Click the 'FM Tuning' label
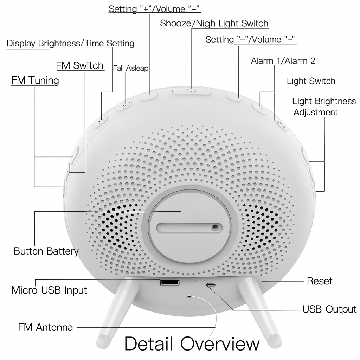35,81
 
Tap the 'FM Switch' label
80,65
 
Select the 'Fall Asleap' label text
130,68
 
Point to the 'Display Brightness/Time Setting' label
70,43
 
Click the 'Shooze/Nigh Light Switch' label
214,24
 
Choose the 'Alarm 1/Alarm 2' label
283,61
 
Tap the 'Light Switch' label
311,81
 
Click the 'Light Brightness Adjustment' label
324,107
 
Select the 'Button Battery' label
46,251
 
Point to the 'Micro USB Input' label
49,290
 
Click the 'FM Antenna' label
45,327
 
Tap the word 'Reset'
319,281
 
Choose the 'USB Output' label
329,309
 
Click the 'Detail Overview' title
192,343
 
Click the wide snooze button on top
192,92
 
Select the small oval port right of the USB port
211,285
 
